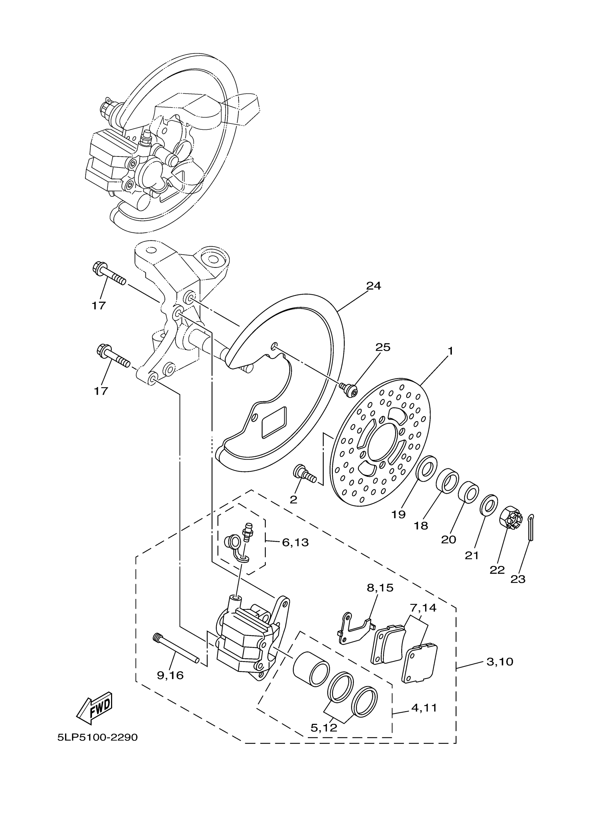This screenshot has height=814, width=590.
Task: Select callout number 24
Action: click(x=373, y=286)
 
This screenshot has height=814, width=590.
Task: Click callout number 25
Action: click(x=383, y=347)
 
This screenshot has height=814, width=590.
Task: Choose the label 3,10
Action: click(x=500, y=661)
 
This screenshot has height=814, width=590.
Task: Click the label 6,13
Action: click(x=295, y=542)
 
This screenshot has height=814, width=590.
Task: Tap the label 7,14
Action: click(x=423, y=608)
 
